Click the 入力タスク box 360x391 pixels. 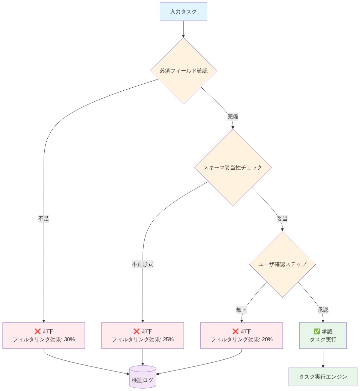click(183, 12)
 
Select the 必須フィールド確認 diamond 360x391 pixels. click(183, 71)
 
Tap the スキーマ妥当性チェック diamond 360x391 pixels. click(233, 167)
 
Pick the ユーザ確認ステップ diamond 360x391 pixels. click(282, 264)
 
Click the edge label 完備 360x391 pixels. click(233, 117)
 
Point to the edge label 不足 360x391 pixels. click(44, 219)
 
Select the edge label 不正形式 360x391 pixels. click(143, 264)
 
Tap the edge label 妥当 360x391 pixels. click(282, 219)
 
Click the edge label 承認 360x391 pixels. click(323, 310)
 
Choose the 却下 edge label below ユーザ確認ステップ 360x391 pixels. click(242, 310)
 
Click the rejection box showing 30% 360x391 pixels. click(44, 336)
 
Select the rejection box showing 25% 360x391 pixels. click(143, 336)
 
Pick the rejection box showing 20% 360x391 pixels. click(242, 336)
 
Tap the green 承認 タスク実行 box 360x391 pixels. click(323, 336)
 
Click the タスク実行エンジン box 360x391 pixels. click(323, 377)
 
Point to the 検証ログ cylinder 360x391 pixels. click(143, 377)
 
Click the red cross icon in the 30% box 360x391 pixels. click(38, 332)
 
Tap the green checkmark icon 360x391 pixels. click(317, 332)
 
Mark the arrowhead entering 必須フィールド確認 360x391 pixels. click(183, 36)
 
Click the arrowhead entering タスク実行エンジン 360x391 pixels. click(323, 366)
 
